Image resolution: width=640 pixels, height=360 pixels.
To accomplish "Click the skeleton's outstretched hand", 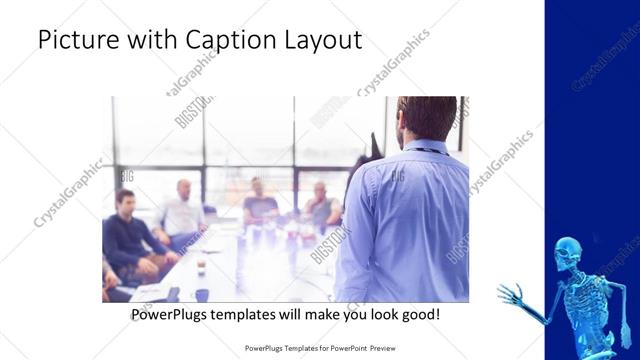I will (510, 295).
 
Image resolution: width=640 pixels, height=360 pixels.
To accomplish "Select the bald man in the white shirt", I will (181, 212).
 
